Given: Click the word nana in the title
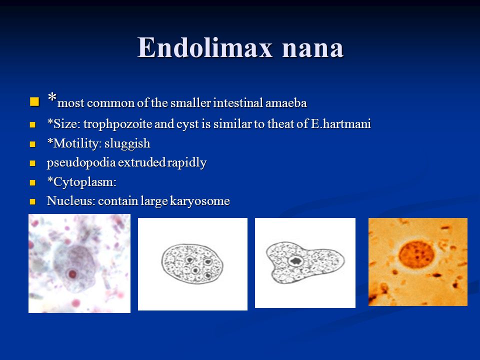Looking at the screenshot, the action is point(313,49).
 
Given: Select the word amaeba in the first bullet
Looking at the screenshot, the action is point(286,103).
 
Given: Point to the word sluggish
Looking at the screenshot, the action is point(127,144).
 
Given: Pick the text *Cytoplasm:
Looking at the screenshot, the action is point(81,182).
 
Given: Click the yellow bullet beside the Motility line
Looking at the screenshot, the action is point(33,144).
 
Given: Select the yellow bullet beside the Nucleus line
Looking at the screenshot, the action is point(33,201).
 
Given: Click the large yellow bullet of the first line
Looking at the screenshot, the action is point(34,101).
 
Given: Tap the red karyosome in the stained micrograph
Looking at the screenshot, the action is point(72,273).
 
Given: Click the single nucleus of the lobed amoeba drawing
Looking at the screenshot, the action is point(295,261).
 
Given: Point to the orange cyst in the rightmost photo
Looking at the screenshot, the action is point(416,254).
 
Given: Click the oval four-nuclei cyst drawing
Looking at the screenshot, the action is point(192,263).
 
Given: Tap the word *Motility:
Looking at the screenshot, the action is point(74,143).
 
